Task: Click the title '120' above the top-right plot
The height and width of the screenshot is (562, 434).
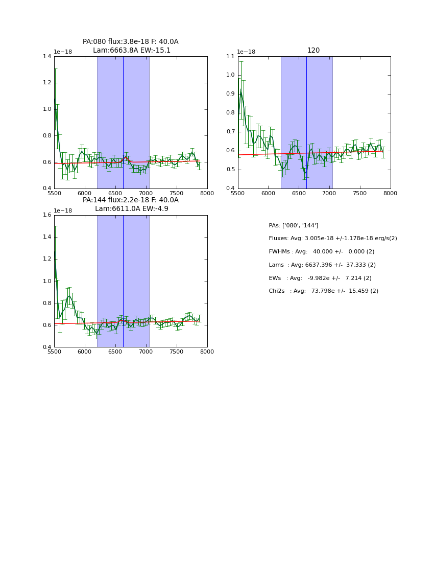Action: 314,51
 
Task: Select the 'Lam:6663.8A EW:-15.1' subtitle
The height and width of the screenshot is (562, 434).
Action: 132,51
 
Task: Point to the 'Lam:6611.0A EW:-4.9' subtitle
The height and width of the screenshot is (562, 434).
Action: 132,209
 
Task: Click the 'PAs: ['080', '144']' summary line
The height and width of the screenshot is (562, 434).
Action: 294,225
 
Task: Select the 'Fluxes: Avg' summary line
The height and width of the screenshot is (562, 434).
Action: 332,239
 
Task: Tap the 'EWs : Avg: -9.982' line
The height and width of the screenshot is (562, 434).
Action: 320,278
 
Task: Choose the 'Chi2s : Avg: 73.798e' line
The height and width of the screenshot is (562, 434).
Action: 323,291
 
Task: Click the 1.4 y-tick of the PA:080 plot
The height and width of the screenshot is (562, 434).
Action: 47,57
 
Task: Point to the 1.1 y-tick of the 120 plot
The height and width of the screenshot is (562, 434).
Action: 231,57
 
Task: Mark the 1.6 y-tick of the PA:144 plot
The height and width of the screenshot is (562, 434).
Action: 47,215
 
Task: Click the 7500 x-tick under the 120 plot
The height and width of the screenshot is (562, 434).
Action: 360,194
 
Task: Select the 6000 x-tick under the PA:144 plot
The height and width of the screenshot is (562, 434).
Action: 85,352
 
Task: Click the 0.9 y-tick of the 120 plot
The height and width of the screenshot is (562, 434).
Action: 231,94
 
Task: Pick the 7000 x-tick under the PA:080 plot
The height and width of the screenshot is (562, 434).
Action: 146,194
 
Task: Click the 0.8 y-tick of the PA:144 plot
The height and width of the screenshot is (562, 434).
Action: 47,303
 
